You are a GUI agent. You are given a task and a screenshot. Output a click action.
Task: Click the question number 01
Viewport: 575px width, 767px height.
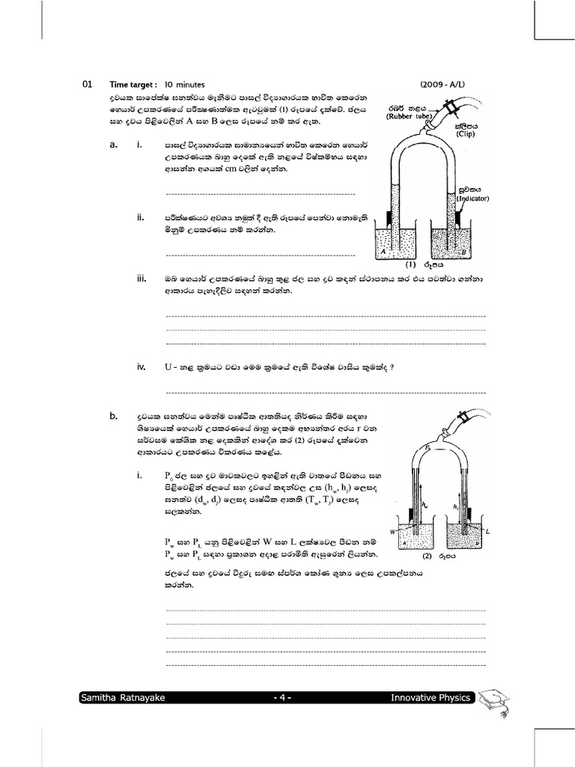tap(86, 85)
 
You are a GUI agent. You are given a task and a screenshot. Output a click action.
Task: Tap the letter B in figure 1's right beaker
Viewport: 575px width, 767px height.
tap(464, 252)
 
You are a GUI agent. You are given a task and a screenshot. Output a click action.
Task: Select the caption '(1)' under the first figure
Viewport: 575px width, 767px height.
tap(410, 264)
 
